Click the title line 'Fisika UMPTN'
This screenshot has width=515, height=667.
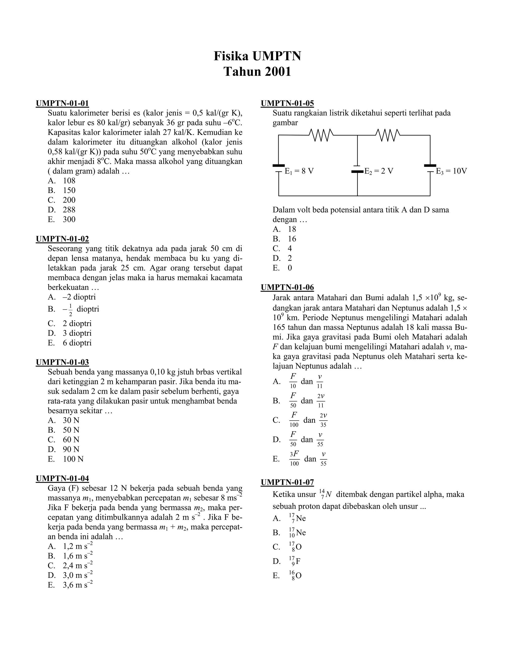[257, 56]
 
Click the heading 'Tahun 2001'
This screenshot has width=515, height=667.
[257, 72]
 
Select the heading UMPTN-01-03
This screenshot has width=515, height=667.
[62, 362]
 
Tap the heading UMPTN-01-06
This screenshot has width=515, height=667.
[287, 287]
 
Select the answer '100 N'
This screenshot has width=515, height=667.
[73, 459]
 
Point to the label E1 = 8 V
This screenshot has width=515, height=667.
[299, 171]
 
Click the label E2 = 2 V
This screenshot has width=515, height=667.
[379, 171]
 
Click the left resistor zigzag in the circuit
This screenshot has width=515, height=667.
[321, 135]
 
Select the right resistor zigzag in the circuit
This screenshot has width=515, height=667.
[388, 135]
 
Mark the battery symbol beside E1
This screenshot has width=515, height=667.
[279, 168]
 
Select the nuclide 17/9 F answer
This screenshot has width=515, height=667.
[295, 561]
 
